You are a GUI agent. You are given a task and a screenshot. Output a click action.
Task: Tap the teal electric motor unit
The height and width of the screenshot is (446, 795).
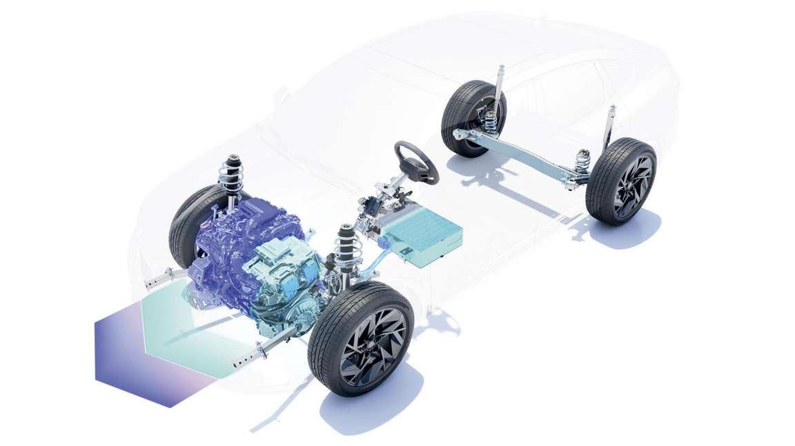(286, 283)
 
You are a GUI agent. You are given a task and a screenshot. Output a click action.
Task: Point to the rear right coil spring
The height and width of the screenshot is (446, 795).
(583, 163)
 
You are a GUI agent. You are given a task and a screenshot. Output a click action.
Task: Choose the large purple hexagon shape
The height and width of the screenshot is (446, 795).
(131, 358)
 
